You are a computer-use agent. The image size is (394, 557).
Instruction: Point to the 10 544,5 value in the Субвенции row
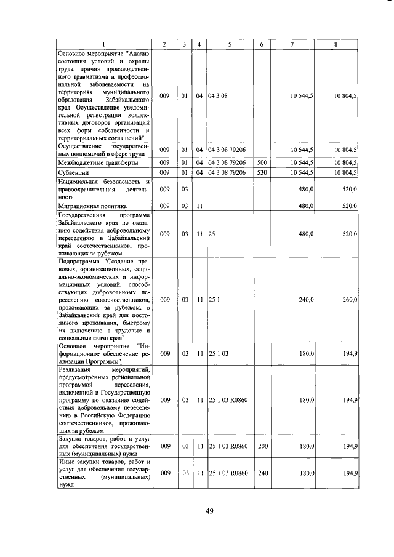coord(302,172)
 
